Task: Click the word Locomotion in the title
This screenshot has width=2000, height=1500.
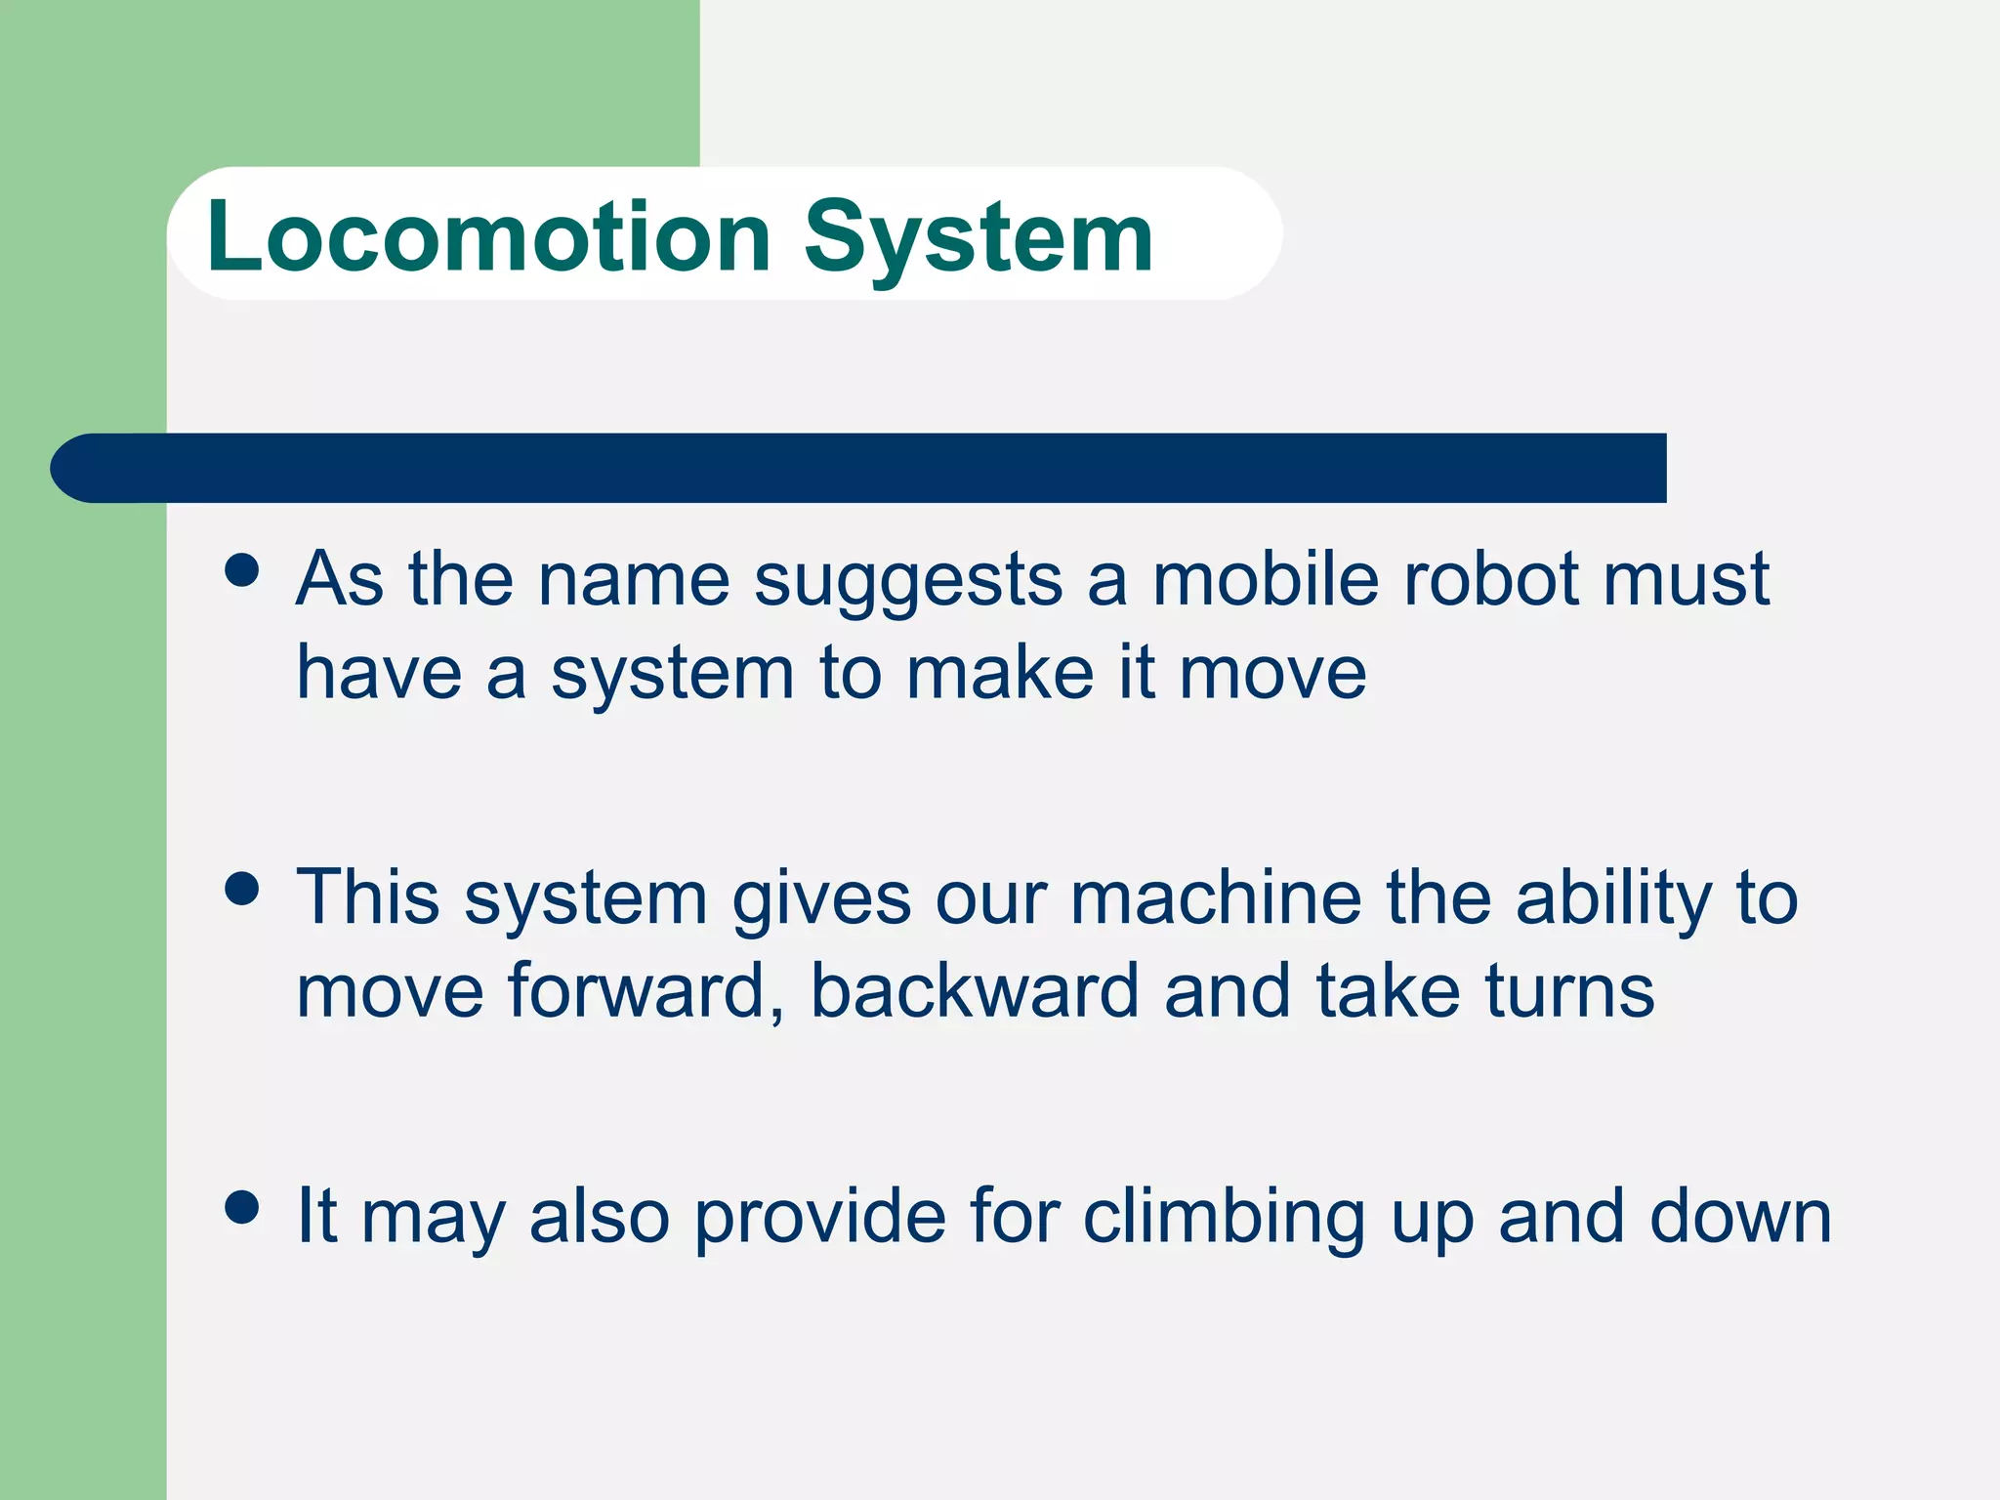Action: (x=488, y=237)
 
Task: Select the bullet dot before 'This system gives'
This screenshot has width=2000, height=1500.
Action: (x=241, y=888)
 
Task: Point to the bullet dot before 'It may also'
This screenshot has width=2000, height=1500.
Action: (x=241, y=1206)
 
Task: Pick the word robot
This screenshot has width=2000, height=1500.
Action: (x=1489, y=579)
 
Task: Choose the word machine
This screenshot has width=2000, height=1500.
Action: (x=1216, y=897)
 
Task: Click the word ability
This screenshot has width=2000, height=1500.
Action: (x=1613, y=899)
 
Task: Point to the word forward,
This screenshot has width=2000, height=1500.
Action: (x=646, y=992)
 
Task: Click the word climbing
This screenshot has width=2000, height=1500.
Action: (x=1224, y=1219)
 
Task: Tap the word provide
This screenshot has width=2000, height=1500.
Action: (x=820, y=1219)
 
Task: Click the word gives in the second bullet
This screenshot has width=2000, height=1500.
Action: (x=821, y=899)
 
